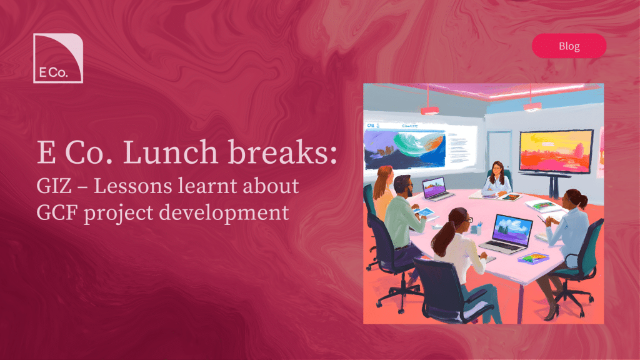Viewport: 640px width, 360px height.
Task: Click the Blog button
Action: [x=569, y=46]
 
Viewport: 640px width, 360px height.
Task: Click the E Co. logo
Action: [x=58, y=58]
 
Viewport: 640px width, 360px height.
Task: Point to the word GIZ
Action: [x=54, y=186]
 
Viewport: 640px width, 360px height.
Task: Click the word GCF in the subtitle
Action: [x=57, y=212]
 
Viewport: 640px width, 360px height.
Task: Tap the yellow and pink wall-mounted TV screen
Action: [x=556, y=152]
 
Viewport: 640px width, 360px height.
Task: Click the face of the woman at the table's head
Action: [x=497, y=169]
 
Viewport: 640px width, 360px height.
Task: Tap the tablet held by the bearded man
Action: [x=424, y=212]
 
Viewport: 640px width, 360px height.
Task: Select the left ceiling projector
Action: [x=429, y=109]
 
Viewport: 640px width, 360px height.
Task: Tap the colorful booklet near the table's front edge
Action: [x=533, y=258]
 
